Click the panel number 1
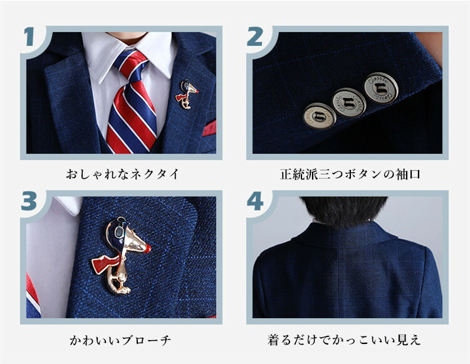pos(29,36)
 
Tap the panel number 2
pos(255,36)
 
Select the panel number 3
pos(29,201)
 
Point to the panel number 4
pos(255,201)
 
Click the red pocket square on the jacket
pos(209,128)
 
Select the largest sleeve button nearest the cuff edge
pos(381,88)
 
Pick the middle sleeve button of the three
pos(349,103)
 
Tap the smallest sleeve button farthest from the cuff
pos(319,116)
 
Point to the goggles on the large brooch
pos(119,230)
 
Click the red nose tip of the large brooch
pos(147,248)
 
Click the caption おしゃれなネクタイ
pos(122,174)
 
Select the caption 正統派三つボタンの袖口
pos(350,174)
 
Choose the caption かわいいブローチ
pos(120,340)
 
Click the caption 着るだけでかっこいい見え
pos(344,340)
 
